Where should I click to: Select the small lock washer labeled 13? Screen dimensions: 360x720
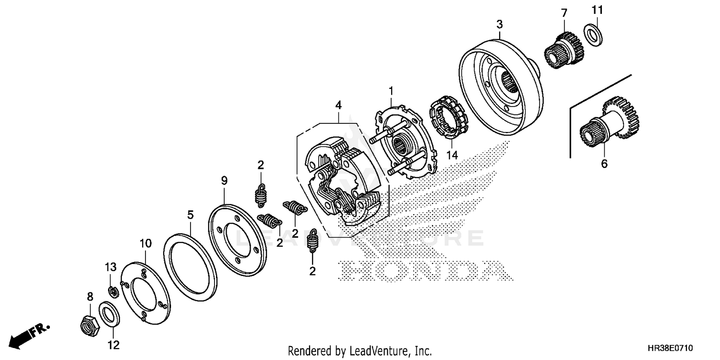[113, 291]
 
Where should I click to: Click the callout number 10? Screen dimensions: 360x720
[145, 244]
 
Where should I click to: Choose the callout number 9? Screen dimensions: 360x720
[224, 180]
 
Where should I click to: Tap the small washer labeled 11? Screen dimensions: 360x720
[594, 35]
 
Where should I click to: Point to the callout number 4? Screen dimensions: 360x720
[338, 104]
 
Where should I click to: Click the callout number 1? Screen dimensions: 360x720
[391, 90]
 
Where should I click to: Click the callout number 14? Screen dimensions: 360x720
[452, 155]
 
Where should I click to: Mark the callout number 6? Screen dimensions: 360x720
[604, 164]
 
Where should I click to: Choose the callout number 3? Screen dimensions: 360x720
[500, 24]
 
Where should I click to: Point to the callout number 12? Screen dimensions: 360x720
[114, 345]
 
